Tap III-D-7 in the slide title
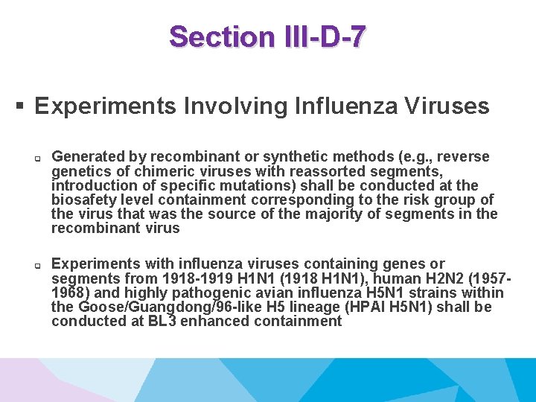point(324,36)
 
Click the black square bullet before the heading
point(22,106)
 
